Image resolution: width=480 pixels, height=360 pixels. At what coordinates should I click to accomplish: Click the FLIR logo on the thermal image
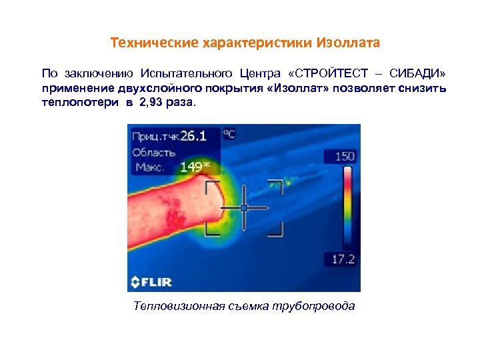pyautogui.click(x=151, y=281)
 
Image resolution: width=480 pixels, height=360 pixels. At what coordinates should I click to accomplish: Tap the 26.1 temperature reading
pyautogui.click(x=193, y=136)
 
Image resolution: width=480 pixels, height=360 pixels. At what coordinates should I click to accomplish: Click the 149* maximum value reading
pyautogui.click(x=195, y=166)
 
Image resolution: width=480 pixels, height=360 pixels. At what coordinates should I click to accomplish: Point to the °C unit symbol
pyautogui.click(x=229, y=134)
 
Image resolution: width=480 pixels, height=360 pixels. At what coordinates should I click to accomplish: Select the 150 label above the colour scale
pyautogui.click(x=344, y=157)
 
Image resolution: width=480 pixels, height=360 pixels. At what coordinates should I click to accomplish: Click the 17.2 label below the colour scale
pyautogui.click(x=344, y=258)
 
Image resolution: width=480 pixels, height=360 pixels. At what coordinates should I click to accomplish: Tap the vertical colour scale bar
pyautogui.click(x=347, y=207)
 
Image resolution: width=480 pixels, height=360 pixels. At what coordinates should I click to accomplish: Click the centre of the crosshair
pyautogui.click(x=244, y=208)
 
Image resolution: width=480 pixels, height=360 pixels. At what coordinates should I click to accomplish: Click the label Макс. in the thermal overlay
pyautogui.click(x=151, y=167)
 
